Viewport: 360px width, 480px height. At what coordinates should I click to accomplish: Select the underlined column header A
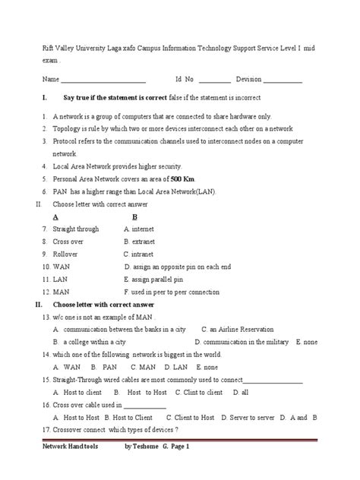click(x=56, y=216)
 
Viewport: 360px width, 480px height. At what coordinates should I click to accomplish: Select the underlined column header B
click(x=134, y=216)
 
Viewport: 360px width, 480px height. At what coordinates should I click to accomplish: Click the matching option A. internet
click(x=139, y=229)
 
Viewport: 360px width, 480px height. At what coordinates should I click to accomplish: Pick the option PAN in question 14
click(x=110, y=367)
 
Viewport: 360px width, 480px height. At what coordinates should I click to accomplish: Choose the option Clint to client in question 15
click(x=203, y=392)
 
